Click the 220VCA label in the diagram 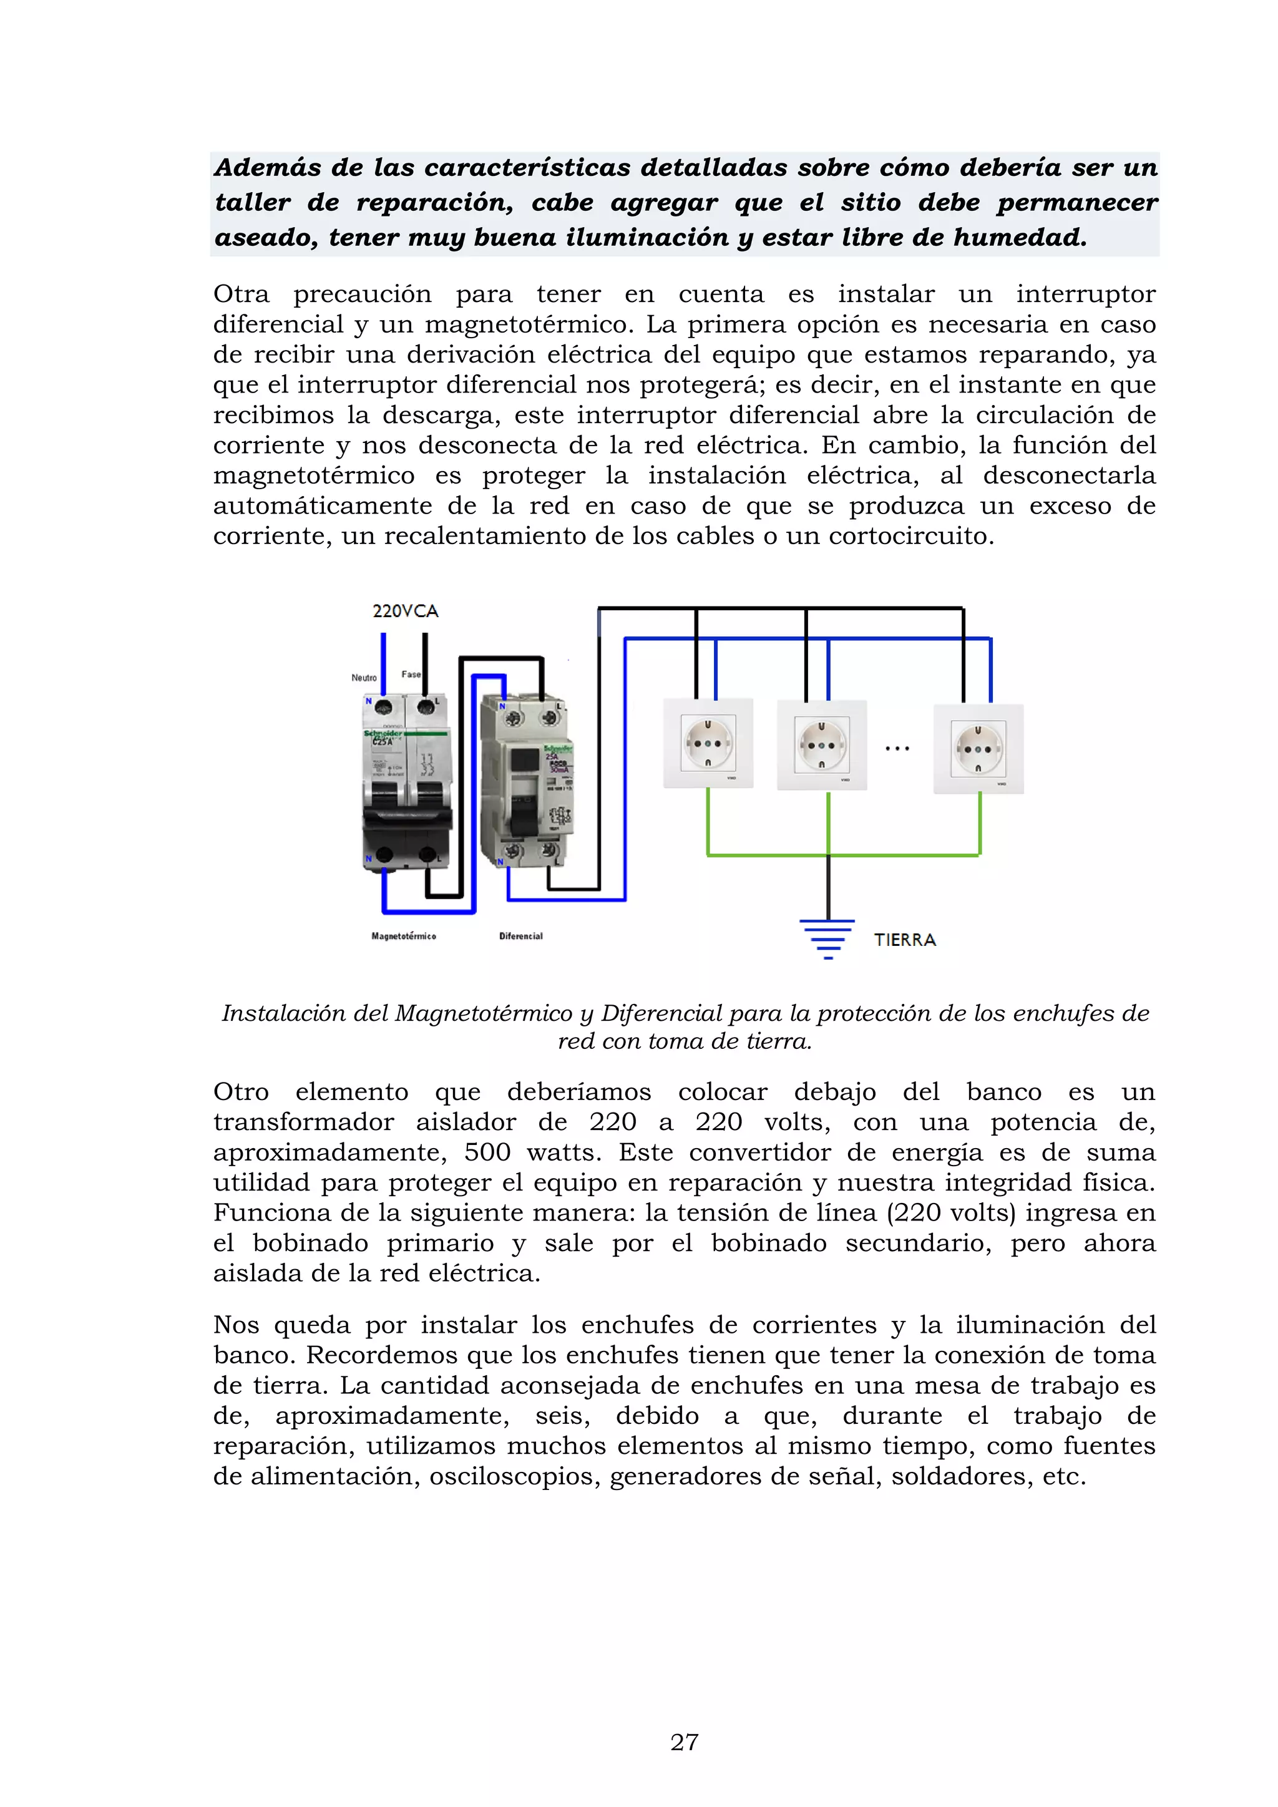pos(404,611)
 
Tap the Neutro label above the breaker pos(364,678)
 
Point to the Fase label pos(411,675)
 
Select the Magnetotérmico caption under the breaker pos(404,936)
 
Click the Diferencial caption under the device pos(521,936)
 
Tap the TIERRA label pos(905,940)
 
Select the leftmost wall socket pos(708,744)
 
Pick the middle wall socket pos(822,744)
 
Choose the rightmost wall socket pos(978,749)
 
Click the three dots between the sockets pos(897,749)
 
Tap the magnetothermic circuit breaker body pos(406,783)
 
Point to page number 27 pos(685,1741)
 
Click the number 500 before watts pos(487,1152)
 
